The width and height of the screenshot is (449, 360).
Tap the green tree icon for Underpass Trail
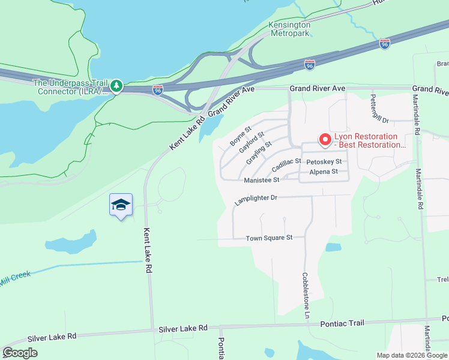point(117,87)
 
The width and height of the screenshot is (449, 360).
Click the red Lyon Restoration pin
point(325,140)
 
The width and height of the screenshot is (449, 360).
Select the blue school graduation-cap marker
point(121,205)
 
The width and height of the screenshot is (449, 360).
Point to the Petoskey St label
point(324,162)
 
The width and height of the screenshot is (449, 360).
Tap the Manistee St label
point(262,180)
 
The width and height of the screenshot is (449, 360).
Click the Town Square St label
point(269,238)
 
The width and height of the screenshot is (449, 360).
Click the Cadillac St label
point(286,164)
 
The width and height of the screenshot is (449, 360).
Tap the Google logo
point(20,353)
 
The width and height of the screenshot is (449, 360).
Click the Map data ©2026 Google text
point(411,355)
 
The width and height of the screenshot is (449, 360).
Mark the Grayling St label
point(259,152)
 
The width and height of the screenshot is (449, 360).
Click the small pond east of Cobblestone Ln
point(333,247)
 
